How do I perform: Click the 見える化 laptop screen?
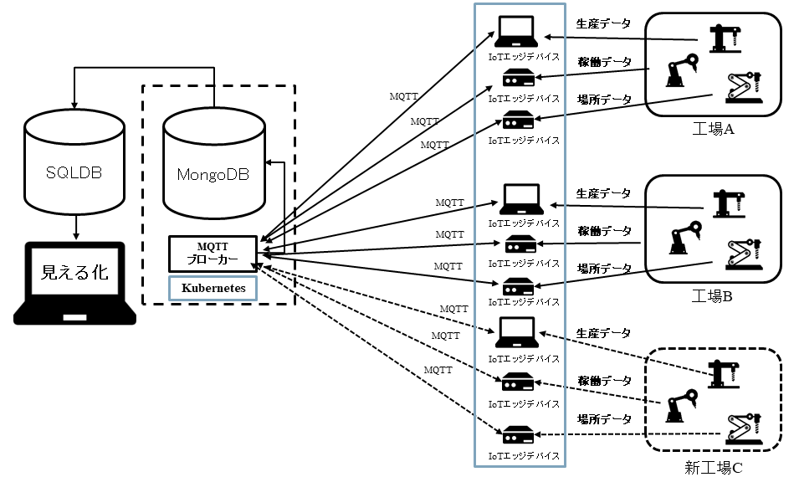tap(75, 273)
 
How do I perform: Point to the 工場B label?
tap(713, 295)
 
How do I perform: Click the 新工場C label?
tap(714, 467)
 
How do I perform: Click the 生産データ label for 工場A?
tap(603, 23)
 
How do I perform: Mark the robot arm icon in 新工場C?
tap(683, 405)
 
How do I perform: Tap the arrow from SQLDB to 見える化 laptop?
tap(75, 226)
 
